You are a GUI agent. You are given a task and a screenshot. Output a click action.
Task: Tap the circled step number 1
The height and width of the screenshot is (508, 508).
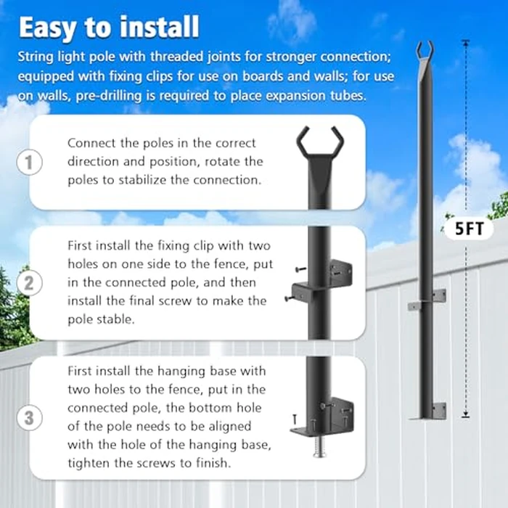tap(29, 163)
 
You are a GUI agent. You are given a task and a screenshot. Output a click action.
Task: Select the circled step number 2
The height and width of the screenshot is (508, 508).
tap(29, 283)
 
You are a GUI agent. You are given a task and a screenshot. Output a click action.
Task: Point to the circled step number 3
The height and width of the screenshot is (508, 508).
tap(29, 417)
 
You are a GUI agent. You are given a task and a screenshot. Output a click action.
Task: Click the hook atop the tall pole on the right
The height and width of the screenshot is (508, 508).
tap(425, 52)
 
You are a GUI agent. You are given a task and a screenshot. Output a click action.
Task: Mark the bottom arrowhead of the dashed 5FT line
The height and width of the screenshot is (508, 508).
tap(465, 415)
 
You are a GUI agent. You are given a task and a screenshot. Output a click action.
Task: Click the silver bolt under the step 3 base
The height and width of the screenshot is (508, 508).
tap(319, 451)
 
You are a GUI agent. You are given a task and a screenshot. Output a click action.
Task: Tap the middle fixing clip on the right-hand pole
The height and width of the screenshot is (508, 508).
tap(429, 299)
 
